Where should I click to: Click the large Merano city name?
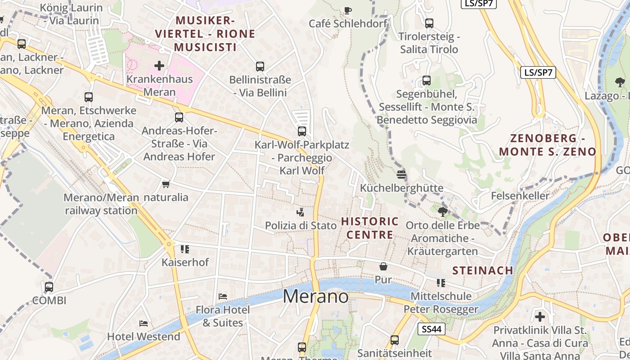pyautogui.click(x=315, y=297)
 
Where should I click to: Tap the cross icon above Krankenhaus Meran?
pyautogui.click(x=159, y=66)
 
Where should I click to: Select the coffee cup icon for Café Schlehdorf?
pyautogui.click(x=347, y=10)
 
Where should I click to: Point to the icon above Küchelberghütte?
pyautogui.click(x=401, y=174)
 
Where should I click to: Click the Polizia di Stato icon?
pyautogui.click(x=301, y=211)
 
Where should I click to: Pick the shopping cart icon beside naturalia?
pyautogui.click(x=166, y=184)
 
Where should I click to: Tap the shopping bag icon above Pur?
pyautogui.click(x=383, y=266)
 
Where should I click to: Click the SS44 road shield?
pyautogui.click(x=431, y=329)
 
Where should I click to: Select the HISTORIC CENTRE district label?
pyautogui.click(x=369, y=228)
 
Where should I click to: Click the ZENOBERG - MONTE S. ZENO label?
pyautogui.click(x=548, y=145)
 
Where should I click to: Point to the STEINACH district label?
pyautogui.click(x=482, y=270)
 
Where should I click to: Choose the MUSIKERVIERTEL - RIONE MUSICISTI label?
pyautogui.click(x=205, y=34)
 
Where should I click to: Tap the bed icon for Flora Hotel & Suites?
pyautogui.click(x=222, y=296)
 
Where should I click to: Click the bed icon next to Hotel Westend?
pyautogui.click(x=144, y=323)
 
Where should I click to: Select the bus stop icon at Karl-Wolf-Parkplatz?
pyautogui.click(x=302, y=131)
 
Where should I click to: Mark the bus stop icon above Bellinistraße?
pyautogui.click(x=260, y=67)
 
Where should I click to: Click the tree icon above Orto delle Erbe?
pyautogui.click(x=443, y=211)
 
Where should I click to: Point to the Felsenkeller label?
pyautogui.click(x=520, y=196)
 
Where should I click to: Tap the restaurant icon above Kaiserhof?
pyautogui.click(x=185, y=249)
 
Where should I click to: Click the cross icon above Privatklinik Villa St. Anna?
pyautogui.click(x=540, y=316)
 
